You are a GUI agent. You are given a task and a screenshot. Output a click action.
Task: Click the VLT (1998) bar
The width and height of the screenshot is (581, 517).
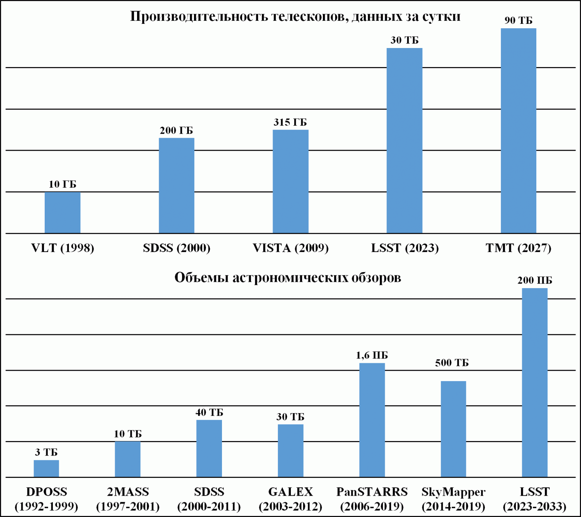tap(63, 213)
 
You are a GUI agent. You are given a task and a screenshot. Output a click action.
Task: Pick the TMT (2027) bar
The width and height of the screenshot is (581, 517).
tap(518, 131)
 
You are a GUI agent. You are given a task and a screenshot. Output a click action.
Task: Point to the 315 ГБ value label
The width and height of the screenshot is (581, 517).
tap(290, 122)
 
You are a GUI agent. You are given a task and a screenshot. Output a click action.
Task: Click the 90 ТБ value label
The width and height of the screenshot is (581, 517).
tap(518, 20)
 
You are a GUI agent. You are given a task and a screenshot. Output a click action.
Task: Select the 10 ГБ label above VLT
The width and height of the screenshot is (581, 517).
tap(63, 184)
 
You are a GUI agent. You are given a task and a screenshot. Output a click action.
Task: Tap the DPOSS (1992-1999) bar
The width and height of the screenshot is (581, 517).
tap(47, 469)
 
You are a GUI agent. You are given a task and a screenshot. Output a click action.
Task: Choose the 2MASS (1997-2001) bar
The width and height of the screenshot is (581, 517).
tap(128, 459)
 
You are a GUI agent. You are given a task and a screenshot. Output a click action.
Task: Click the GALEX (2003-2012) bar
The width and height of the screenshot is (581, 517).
tap(290, 451)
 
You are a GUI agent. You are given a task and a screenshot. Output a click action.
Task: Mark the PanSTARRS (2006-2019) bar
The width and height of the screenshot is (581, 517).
tap(372, 420)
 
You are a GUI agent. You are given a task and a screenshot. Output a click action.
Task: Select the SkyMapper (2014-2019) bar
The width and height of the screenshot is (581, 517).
tap(453, 429)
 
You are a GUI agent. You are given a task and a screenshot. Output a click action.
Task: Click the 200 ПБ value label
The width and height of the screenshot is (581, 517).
tap(534, 280)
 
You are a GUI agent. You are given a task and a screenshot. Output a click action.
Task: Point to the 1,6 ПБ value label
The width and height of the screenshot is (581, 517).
tap(372, 355)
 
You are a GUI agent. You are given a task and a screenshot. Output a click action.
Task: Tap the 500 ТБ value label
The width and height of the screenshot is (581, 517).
tap(452, 363)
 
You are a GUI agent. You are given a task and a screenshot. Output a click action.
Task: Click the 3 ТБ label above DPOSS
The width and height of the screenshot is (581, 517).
tap(47, 453)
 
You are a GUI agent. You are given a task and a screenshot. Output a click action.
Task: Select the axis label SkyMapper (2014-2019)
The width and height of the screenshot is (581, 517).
tap(453, 499)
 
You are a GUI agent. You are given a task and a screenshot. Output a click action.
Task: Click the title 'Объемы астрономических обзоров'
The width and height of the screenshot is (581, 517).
tap(288, 278)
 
